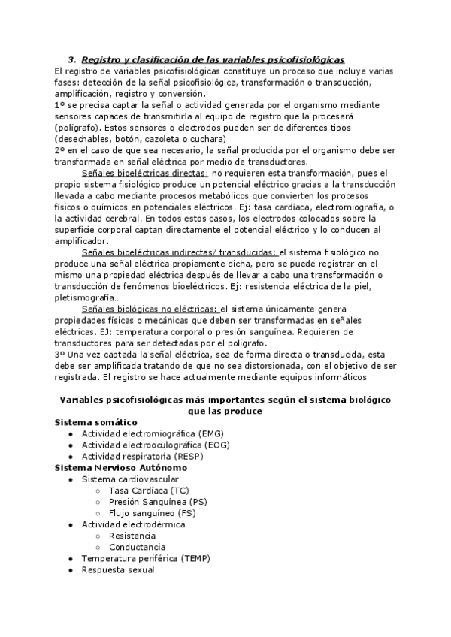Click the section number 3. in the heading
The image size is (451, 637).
[x=72, y=59]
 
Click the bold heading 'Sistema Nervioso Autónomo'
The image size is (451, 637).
[x=121, y=467]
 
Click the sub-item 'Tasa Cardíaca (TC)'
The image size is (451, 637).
[x=149, y=490]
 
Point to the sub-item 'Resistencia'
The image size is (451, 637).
[x=132, y=536]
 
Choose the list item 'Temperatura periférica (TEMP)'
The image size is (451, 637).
[x=146, y=558]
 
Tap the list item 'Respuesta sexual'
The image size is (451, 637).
[x=118, y=569]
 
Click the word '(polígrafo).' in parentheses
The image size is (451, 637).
[x=79, y=128]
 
